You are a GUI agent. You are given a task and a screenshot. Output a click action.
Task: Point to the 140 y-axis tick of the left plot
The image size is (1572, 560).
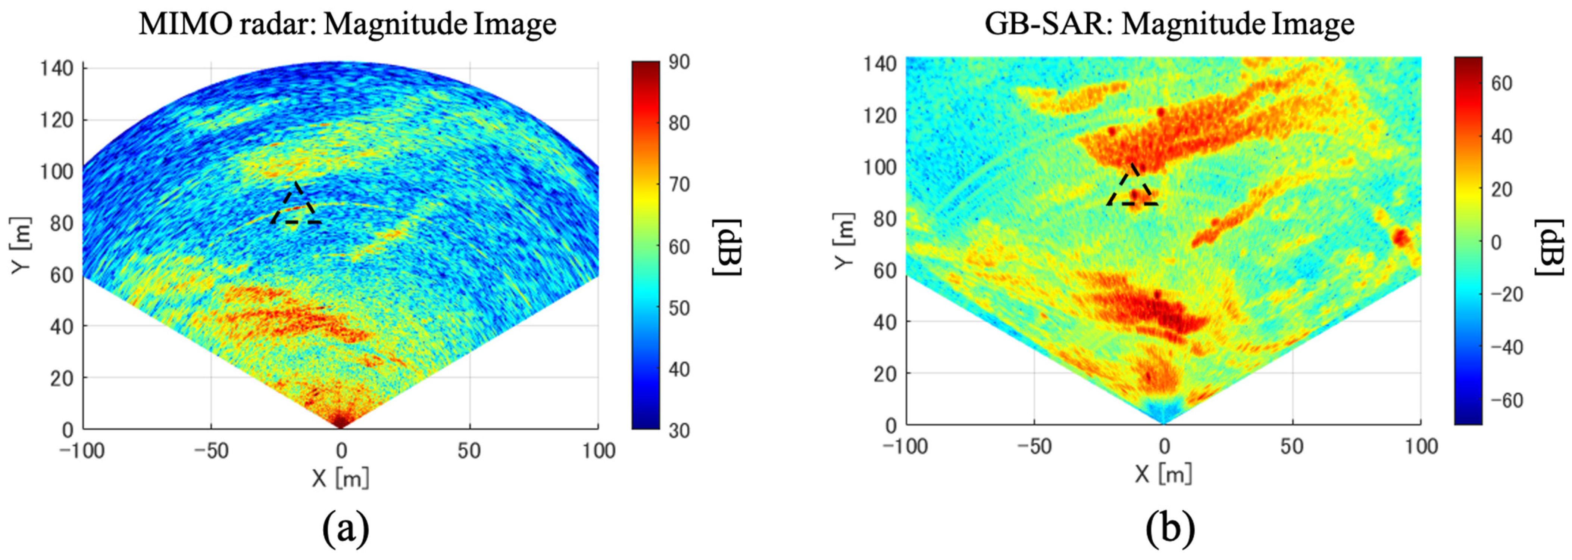click(x=57, y=68)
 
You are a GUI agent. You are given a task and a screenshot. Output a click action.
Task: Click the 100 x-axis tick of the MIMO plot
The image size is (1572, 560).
click(x=598, y=451)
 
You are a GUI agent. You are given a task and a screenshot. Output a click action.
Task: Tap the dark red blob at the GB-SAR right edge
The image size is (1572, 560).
click(x=1401, y=236)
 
